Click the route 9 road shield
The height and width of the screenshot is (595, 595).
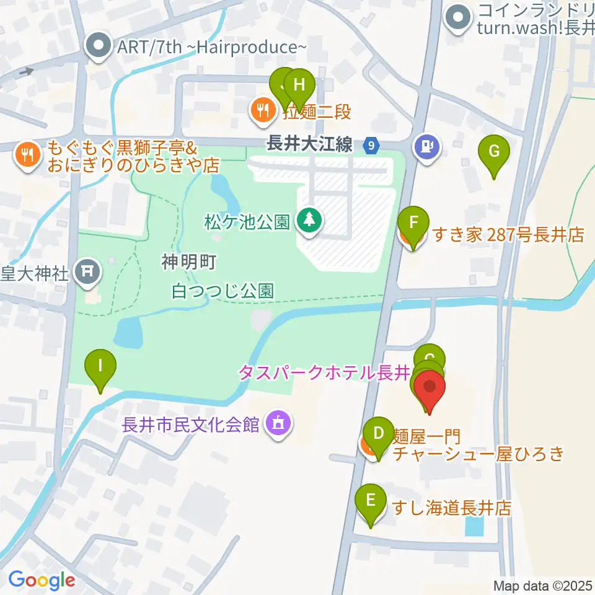pos(371,146)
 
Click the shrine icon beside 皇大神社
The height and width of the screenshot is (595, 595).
pos(87,271)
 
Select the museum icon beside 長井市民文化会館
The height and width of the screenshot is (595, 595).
pos(278,424)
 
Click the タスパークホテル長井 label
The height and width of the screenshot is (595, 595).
pos(325,373)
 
